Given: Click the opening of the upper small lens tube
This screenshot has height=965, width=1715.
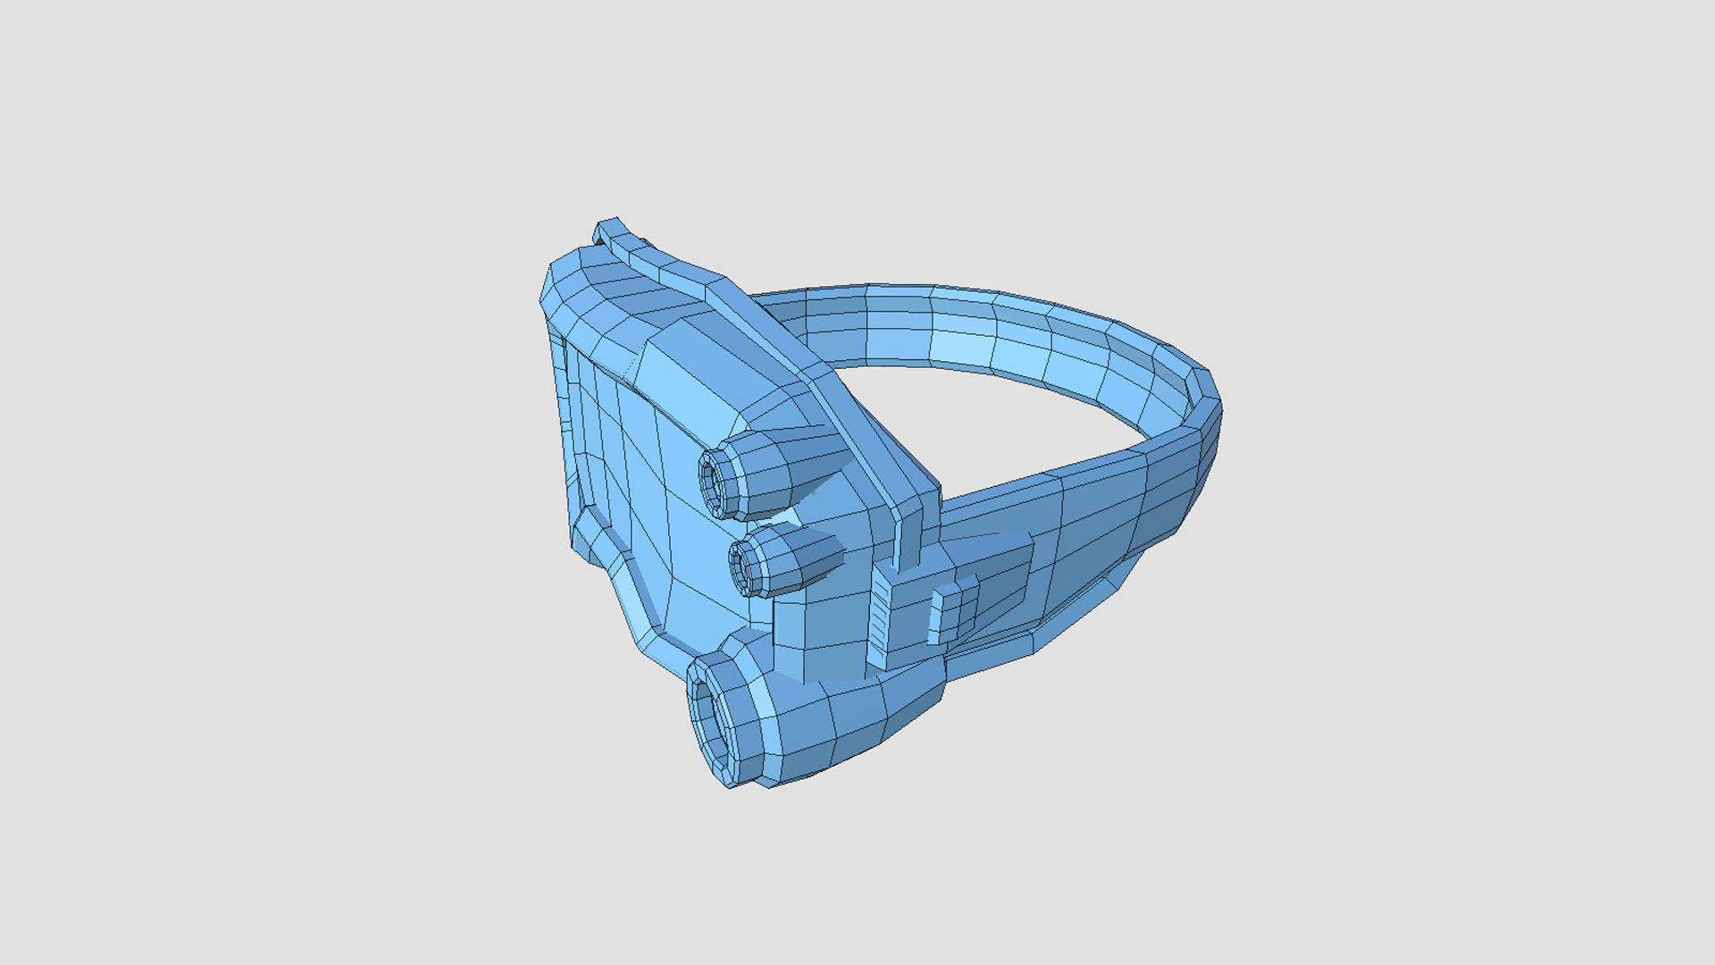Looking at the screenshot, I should click(x=715, y=483).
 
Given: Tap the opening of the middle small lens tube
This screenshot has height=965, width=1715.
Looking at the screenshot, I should click(x=743, y=564).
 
